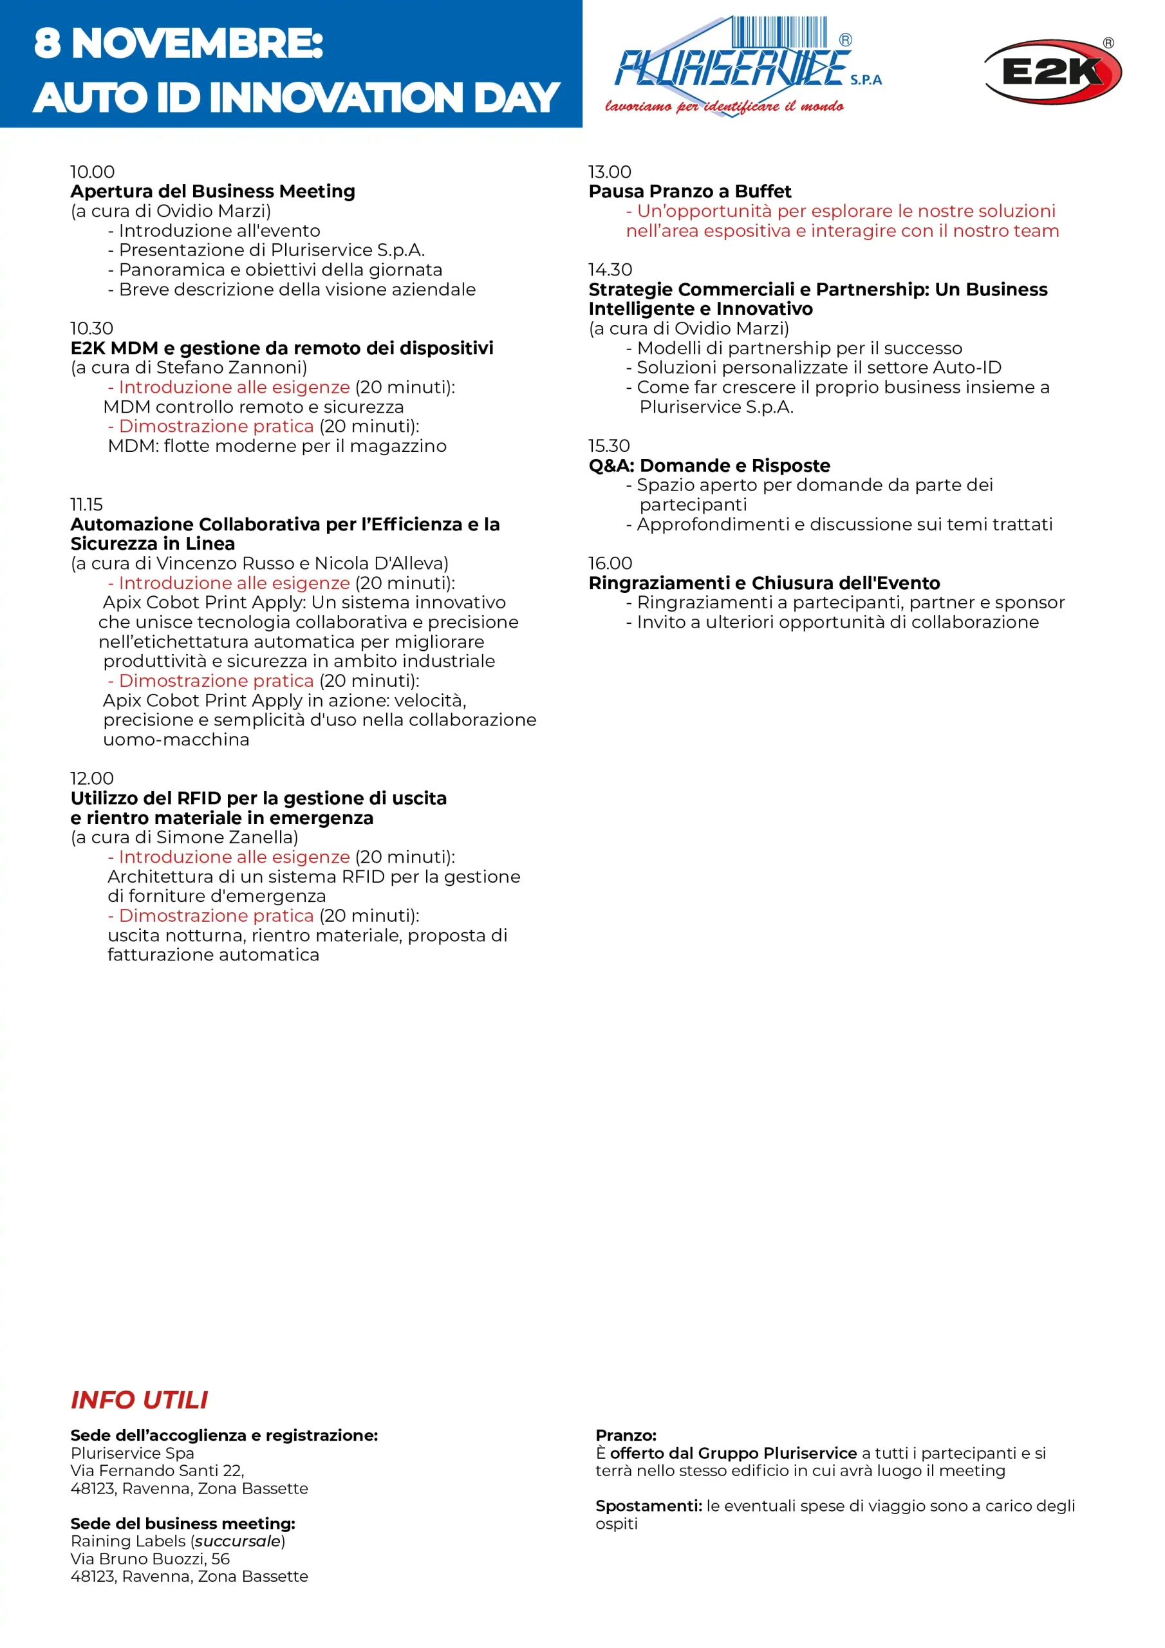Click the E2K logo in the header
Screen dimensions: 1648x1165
[1052, 71]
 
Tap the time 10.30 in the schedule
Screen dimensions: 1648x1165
[92, 328]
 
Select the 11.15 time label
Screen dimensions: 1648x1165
[86, 504]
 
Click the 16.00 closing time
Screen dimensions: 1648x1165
[610, 563]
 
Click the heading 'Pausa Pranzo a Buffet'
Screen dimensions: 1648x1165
[689, 191]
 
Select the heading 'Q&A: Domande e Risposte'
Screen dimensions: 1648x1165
[709, 465]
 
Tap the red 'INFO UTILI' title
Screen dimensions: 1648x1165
[139, 1400]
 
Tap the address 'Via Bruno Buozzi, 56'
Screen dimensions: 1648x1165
[150, 1559]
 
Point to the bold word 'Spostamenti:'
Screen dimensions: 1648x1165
[648, 1505]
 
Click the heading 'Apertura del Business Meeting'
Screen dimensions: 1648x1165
[212, 191]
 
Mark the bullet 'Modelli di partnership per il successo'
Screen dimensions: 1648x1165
[799, 348]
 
